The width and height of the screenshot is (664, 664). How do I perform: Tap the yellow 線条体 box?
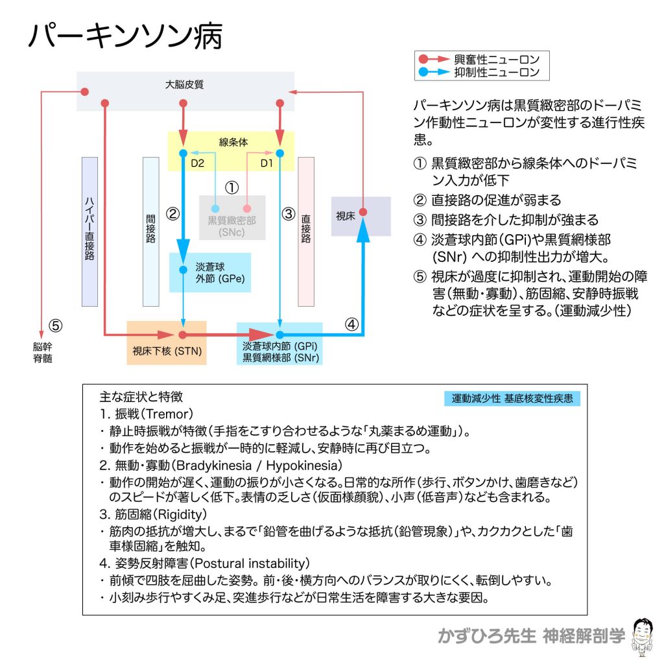point(232,141)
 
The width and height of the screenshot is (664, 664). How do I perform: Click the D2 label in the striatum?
point(197,164)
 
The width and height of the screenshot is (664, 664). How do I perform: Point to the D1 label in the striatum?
point(267,164)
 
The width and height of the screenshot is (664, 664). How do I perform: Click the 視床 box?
point(361,216)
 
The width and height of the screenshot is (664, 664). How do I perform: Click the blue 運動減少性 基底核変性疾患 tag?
point(512,398)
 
